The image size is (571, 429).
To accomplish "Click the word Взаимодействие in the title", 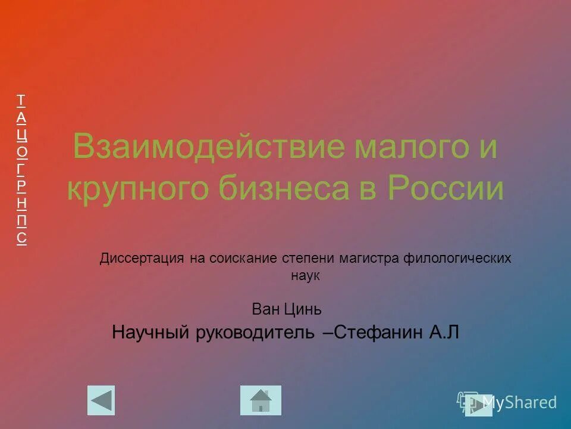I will tap(208, 147).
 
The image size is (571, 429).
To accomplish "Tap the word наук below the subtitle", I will tap(306, 276).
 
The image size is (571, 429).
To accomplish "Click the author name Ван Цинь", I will tap(287, 309).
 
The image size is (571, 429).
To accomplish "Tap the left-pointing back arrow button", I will tap(101, 400).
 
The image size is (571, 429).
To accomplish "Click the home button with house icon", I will tap(261, 400).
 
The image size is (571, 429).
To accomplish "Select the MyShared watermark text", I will tap(519, 403).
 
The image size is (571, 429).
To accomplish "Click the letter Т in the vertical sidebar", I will tap(21, 100).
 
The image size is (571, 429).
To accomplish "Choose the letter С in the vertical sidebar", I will tap(21, 238).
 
